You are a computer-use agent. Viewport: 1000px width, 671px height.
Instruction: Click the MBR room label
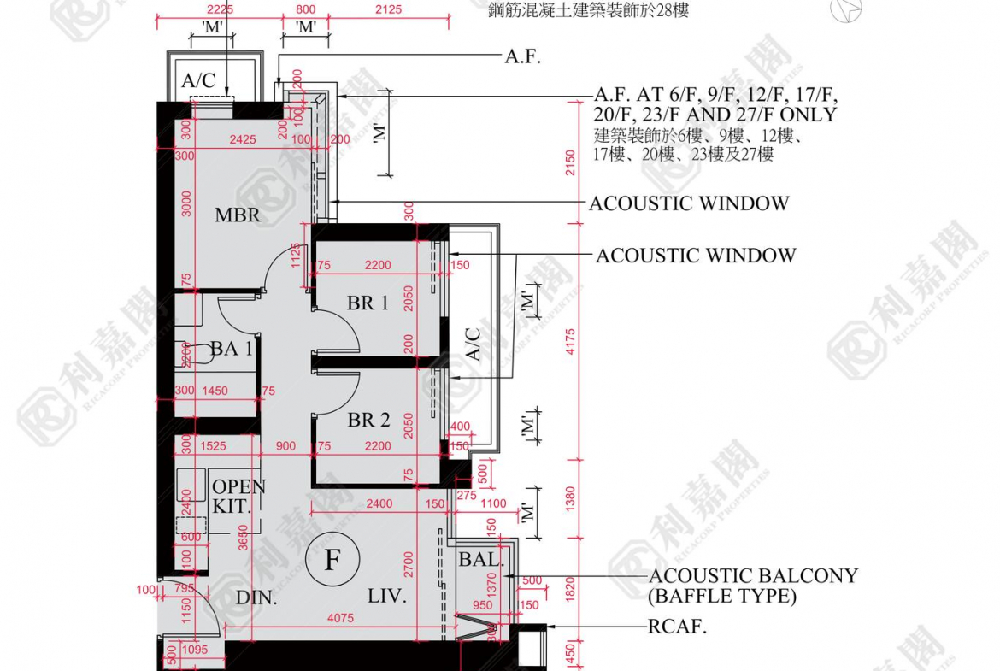tap(237, 215)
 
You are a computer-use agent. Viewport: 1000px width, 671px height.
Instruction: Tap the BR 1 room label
tap(368, 303)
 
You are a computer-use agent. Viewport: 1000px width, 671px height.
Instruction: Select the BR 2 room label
tap(368, 420)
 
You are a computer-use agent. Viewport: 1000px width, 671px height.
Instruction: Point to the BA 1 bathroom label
tap(231, 348)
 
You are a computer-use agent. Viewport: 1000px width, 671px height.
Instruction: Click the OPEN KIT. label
tap(238, 496)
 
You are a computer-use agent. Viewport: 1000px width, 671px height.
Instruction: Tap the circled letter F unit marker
tap(332, 561)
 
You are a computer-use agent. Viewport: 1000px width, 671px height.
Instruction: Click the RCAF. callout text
tap(678, 627)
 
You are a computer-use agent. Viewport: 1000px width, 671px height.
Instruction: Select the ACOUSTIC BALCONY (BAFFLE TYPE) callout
tap(752, 586)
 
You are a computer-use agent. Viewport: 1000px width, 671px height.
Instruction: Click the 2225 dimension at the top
tap(204, 9)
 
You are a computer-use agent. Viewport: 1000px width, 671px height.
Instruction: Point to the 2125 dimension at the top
tap(388, 9)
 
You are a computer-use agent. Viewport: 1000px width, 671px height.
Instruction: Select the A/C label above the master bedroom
tap(198, 80)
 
